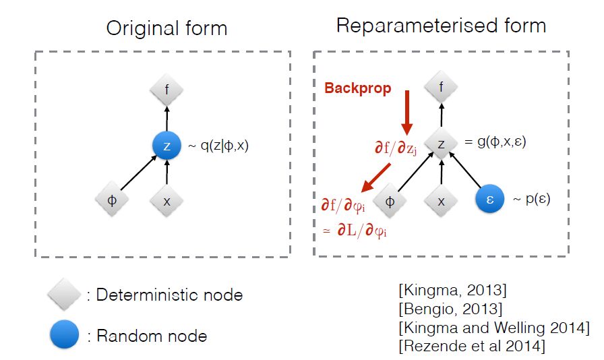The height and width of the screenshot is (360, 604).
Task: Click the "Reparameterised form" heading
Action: tap(441, 26)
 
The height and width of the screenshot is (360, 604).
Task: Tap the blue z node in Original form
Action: tap(165, 146)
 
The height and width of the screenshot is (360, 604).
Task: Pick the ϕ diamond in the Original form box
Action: tap(113, 200)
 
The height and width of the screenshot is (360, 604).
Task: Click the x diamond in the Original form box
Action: tap(165, 200)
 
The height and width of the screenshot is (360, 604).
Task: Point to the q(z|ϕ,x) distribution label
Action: tap(217, 145)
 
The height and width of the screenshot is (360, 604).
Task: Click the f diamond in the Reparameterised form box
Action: tap(441, 86)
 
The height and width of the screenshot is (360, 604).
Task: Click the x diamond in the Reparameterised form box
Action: tap(442, 200)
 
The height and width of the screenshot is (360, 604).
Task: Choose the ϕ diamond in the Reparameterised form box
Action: tap(389, 200)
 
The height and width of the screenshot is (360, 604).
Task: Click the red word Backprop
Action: tap(357, 88)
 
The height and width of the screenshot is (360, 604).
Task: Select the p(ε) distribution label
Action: tap(533, 200)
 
